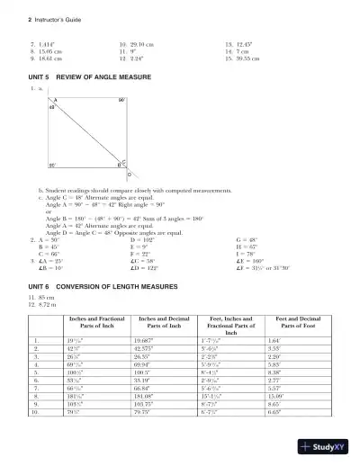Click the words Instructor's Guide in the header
(x=37, y=18)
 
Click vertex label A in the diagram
(x=54, y=101)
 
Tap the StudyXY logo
(x=328, y=446)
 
